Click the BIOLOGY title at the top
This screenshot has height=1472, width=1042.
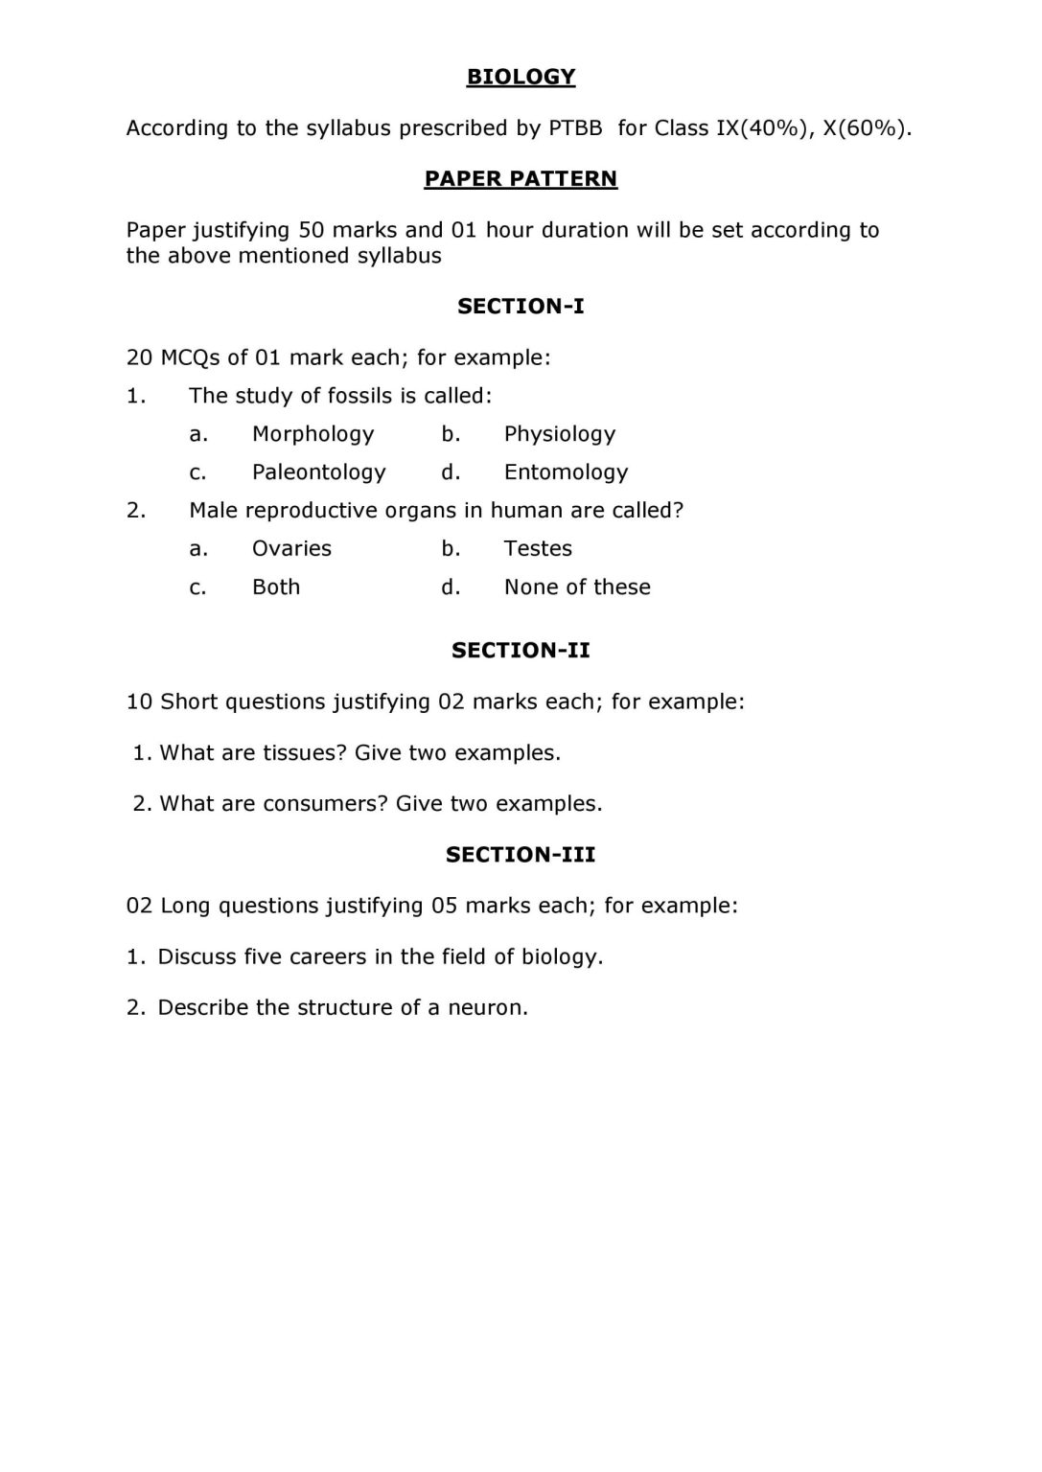click(521, 77)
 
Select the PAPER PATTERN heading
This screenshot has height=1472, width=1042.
click(521, 179)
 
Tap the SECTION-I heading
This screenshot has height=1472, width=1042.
click(521, 307)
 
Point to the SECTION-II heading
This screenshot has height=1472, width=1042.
click(521, 651)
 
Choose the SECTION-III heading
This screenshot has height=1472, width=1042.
click(521, 855)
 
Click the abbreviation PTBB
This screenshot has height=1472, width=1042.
click(575, 128)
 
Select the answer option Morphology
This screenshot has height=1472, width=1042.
click(313, 434)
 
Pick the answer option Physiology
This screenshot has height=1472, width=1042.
click(560, 434)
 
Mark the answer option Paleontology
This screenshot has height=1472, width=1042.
click(318, 472)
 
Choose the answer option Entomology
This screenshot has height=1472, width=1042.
click(566, 472)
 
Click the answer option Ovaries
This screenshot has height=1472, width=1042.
click(291, 549)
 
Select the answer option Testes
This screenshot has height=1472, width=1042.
click(538, 549)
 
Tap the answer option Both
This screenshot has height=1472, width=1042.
click(276, 587)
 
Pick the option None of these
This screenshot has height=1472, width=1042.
click(577, 587)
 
